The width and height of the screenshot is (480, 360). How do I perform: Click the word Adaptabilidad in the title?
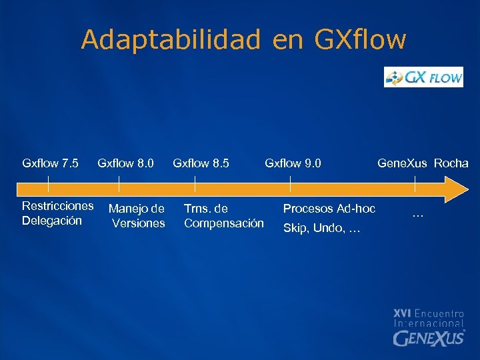pos(171,40)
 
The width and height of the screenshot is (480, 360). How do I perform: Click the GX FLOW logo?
pos(423,77)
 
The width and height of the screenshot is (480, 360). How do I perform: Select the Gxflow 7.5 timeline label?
pos(50,163)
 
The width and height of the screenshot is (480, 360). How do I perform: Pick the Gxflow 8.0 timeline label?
pos(125,163)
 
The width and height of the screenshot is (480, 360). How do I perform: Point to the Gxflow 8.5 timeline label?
pos(201,163)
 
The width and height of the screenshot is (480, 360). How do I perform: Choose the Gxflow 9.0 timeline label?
pos(293,163)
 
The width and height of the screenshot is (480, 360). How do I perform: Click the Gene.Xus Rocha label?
pos(423,163)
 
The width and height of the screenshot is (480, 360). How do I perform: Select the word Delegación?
pos(52,220)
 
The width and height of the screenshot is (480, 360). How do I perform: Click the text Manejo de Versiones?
pos(137,216)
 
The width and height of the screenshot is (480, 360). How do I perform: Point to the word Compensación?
pos(223,223)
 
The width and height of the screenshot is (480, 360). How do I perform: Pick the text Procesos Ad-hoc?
pos(329,209)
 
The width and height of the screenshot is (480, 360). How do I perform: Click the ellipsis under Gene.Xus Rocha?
pos(418,215)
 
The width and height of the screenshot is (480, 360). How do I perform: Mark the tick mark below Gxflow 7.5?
pos(49,182)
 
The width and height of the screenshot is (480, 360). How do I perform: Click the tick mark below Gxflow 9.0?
pos(291,182)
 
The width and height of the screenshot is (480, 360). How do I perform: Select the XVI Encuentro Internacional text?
pos(428,317)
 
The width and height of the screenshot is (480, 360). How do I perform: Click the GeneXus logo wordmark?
pos(428,338)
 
